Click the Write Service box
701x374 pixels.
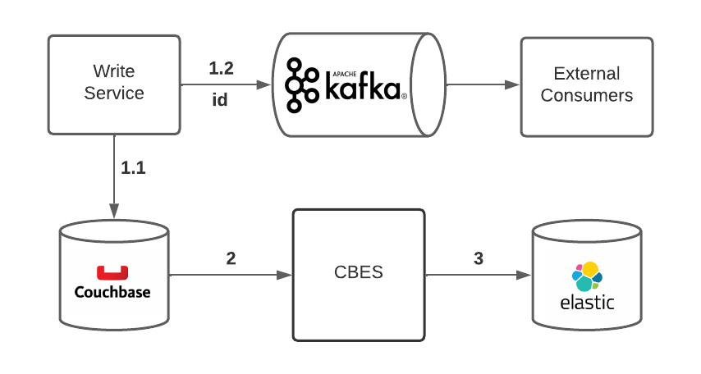click(114, 85)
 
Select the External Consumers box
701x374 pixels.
click(587, 87)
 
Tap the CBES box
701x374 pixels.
click(359, 275)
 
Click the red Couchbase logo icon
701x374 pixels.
click(112, 272)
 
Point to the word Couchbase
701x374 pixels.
click(112, 292)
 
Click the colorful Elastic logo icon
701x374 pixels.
click(587, 276)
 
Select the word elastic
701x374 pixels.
click(587, 303)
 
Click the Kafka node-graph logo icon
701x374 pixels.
click(302, 85)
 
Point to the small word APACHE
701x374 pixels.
click(345, 74)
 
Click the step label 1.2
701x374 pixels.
click(222, 68)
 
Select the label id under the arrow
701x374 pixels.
click(219, 99)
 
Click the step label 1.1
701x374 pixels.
click(133, 168)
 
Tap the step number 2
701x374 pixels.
click(231, 258)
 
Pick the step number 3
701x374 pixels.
click(479, 258)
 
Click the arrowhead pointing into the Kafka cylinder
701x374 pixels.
click(264, 84)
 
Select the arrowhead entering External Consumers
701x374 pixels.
click(512, 84)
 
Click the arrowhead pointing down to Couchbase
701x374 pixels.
click(114, 211)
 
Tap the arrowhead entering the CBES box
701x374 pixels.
click(284, 275)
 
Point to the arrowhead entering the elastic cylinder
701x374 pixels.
click(524, 275)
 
